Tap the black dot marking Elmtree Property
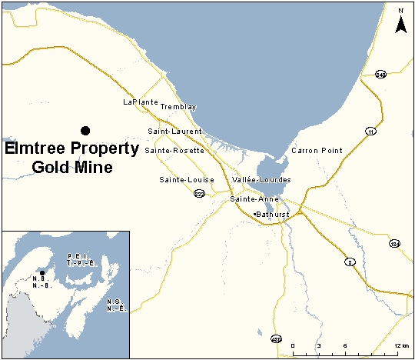pyautogui.click(x=85, y=130)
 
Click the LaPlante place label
pyautogui.click(x=140, y=102)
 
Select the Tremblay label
pyautogui.click(x=178, y=107)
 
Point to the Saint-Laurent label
pyautogui.click(x=174, y=132)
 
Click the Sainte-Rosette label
pyautogui.click(x=174, y=151)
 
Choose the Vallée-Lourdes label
pyautogui.click(x=261, y=180)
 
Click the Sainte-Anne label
pyautogui.click(x=253, y=199)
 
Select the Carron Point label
pyautogui.click(x=317, y=151)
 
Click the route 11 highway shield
pyautogui.click(x=371, y=131)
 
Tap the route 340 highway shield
pyautogui.click(x=380, y=75)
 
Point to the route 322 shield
pyautogui.click(x=199, y=194)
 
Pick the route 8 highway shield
pyautogui.click(x=350, y=261)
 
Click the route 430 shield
pyautogui.click(x=277, y=339)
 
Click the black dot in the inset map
pyautogui.click(x=42, y=273)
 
